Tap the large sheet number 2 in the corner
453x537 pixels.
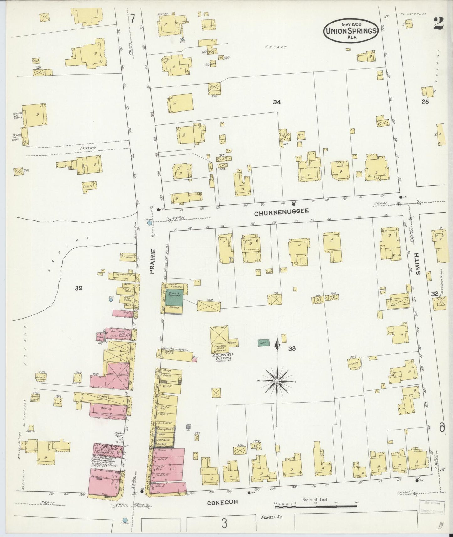(438, 23)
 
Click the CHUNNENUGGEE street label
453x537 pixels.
(281, 211)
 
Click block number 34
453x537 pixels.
(277, 102)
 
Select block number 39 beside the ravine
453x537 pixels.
(78, 288)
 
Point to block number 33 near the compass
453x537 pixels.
(292, 348)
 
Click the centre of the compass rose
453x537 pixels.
(277, 381)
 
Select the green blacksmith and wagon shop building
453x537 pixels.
(174, 298)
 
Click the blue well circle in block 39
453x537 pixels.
(111, 300)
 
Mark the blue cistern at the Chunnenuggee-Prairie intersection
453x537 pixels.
(150, 222)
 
